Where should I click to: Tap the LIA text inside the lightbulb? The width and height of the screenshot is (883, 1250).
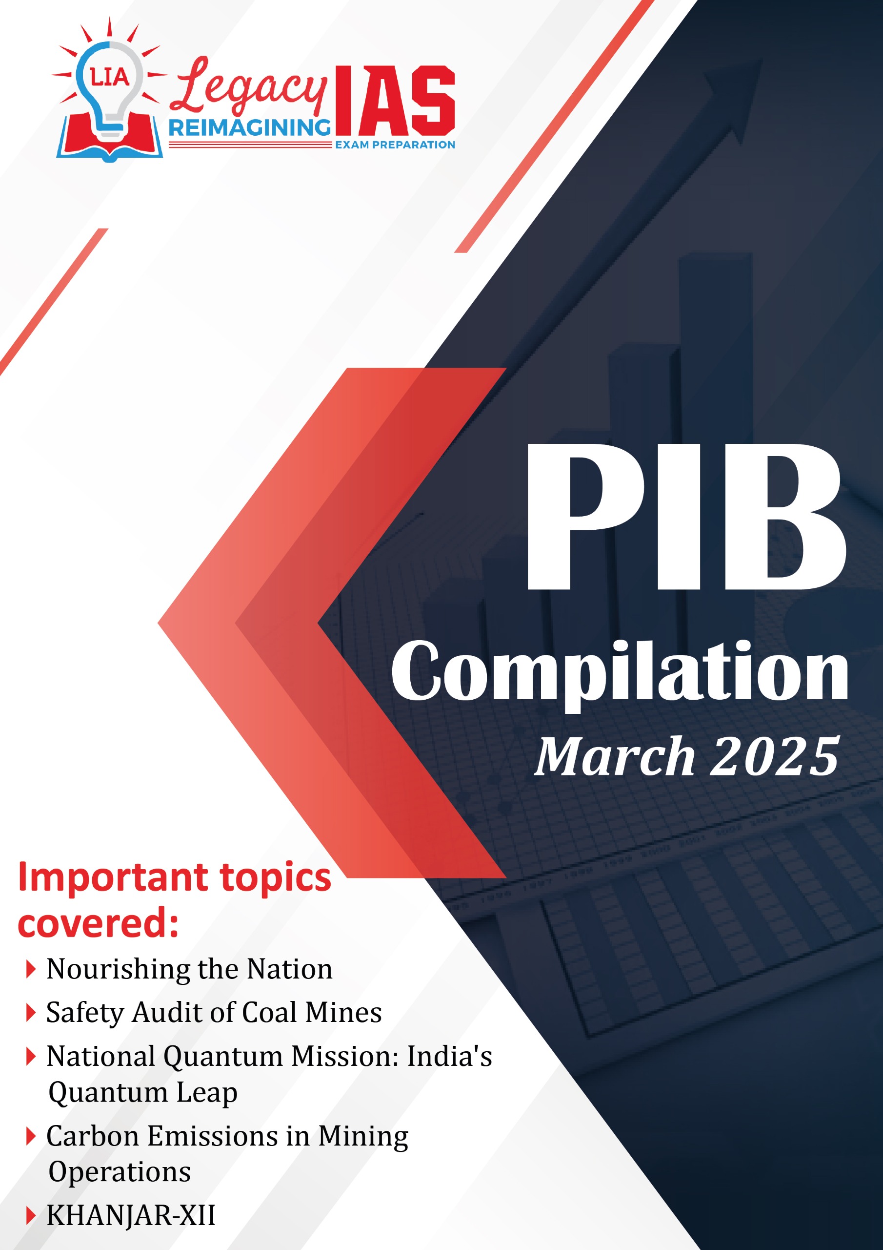[109, 77]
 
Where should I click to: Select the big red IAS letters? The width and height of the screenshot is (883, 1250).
[395, 101]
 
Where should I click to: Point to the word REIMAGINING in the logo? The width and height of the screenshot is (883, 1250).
[250, 128]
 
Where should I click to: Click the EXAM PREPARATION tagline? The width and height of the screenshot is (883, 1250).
[395, 145]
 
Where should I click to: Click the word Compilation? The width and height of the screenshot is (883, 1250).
[620, 672]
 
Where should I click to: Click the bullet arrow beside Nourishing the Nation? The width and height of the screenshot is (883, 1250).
[31, 970]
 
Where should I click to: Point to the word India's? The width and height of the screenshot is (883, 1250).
[449, 1057]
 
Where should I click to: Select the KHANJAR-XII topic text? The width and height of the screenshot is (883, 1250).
[131, 1215]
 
